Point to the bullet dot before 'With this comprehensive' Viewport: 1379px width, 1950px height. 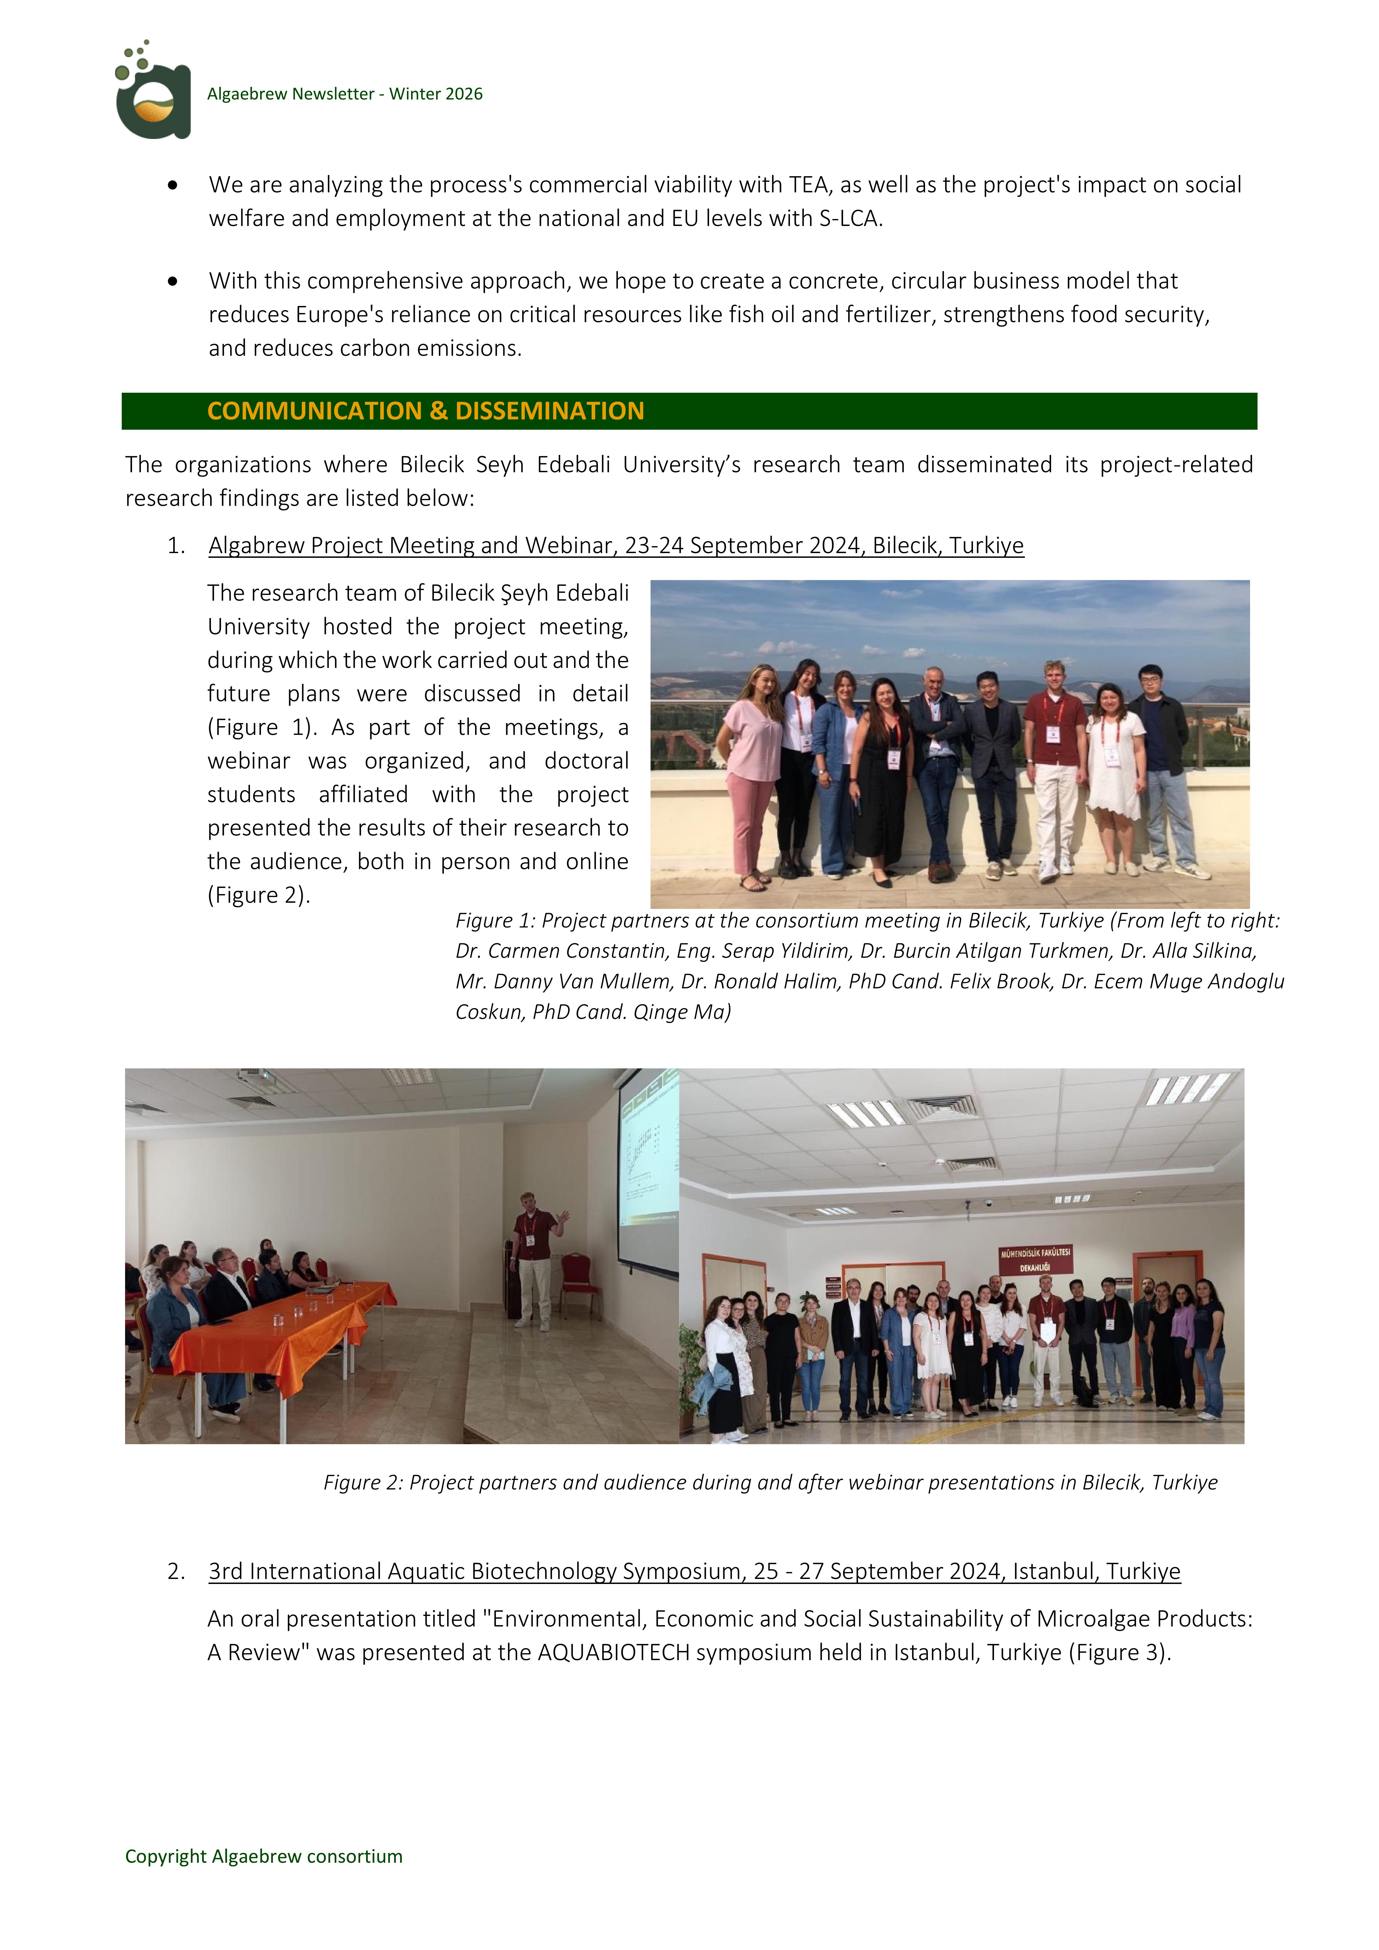point(173,281)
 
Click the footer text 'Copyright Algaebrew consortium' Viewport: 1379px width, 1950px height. point(264,1857)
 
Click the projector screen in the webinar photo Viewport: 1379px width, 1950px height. point(650,1168)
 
